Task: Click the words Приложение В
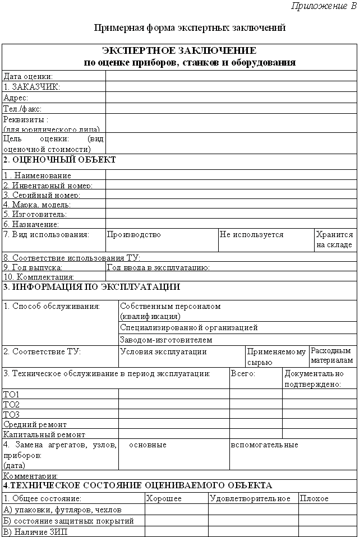tap(324, 6)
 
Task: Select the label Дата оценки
tap(29, 76)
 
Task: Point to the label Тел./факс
tap(22, 109)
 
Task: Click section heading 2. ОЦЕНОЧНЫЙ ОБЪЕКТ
tap(59, 160)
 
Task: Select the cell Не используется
tap(252, 235)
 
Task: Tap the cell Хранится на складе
tap(334, 239)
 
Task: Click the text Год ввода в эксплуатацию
tap(158, 267)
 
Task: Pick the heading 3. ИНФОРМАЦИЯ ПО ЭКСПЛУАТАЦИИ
tap(91, 287)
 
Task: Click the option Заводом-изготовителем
tap(166, 340)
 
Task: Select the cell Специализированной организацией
tap(189, 327)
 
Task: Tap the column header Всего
tap(243, 373)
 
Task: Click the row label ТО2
tap(12, 404)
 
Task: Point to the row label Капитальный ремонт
tap(44, 434)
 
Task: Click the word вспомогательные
tap(264, 445)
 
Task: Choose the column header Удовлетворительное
tap(250, 498)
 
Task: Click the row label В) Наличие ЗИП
tap(35, 532)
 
